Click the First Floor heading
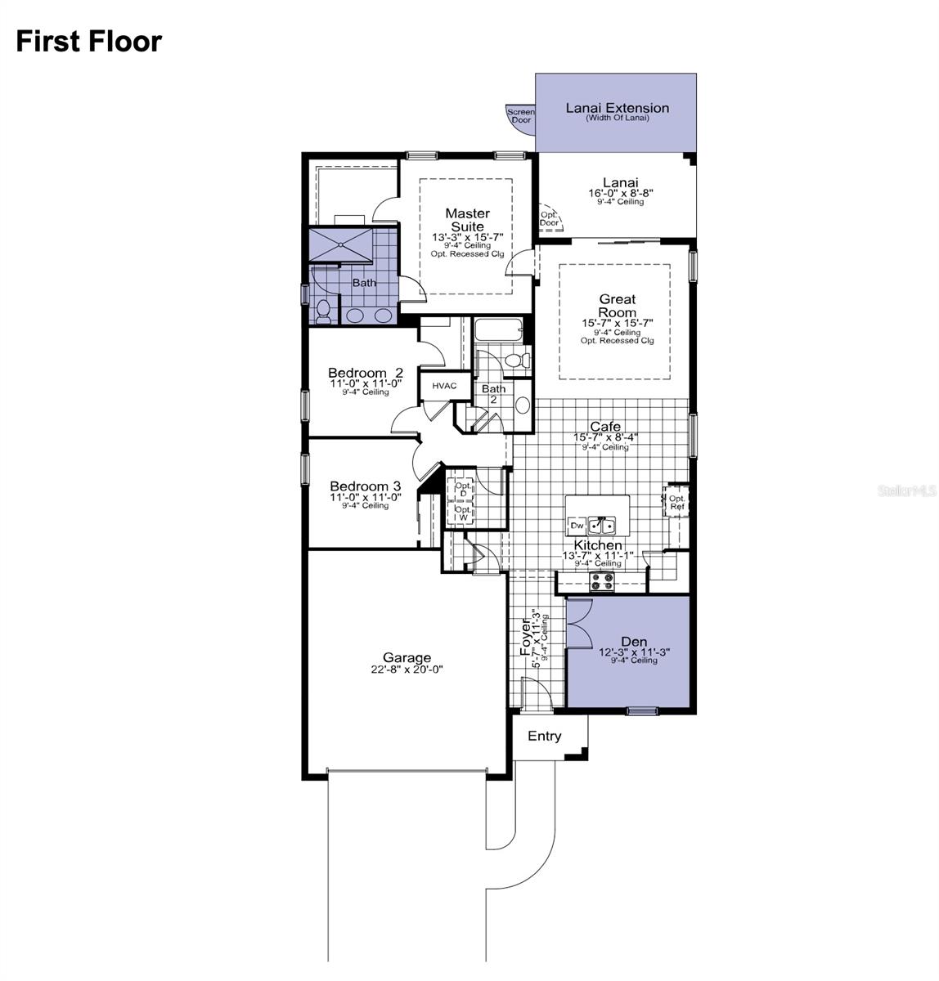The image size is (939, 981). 89,41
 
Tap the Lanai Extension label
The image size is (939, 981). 617,108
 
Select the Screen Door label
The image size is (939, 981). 521,116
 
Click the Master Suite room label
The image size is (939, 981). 467,220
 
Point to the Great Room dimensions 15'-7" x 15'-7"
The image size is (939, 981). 617,324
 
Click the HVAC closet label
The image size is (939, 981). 444,386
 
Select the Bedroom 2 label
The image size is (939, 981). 365,373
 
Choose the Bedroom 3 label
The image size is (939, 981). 365,486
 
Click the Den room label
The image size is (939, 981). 627,642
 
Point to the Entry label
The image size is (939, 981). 544,736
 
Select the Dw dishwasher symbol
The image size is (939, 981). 576,526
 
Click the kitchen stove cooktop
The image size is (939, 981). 603,581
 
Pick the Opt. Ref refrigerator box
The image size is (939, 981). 676,502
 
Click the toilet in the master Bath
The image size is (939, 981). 323,310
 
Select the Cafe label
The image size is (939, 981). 604,427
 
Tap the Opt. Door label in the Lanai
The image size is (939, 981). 549,218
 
